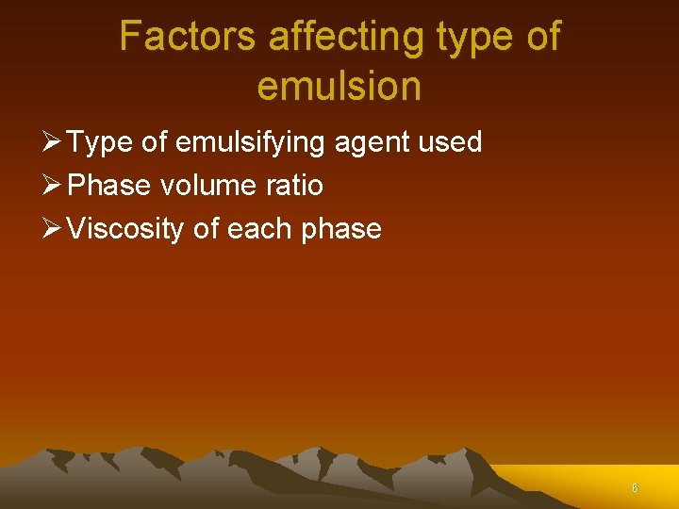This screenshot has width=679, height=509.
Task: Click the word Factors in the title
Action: (187, 38)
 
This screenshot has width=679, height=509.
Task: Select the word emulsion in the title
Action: (339, 87)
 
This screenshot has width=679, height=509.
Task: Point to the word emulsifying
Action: (252, 143)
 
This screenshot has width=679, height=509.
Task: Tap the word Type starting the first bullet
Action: (99, 143)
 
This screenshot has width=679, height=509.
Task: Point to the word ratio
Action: (294, 186)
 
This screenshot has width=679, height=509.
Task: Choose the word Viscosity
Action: (125, 229)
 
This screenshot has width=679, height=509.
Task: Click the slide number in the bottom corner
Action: (635, 488)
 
